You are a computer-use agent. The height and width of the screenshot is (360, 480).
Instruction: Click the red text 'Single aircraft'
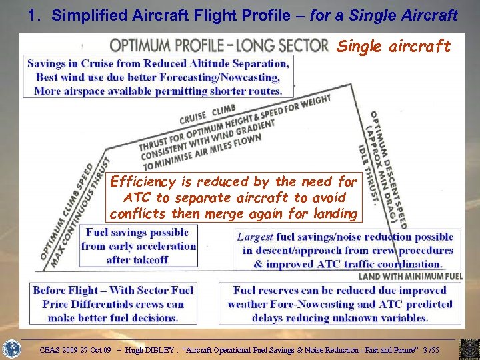coord(393,46)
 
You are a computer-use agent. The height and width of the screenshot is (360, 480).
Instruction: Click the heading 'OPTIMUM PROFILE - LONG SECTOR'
coord(219,45)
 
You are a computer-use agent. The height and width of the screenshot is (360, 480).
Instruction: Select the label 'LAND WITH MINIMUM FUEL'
coord(411,275)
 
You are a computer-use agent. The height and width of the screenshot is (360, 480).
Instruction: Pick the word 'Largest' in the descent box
coord(255,237)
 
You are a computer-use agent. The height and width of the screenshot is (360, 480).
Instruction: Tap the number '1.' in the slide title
coord(36,15)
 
